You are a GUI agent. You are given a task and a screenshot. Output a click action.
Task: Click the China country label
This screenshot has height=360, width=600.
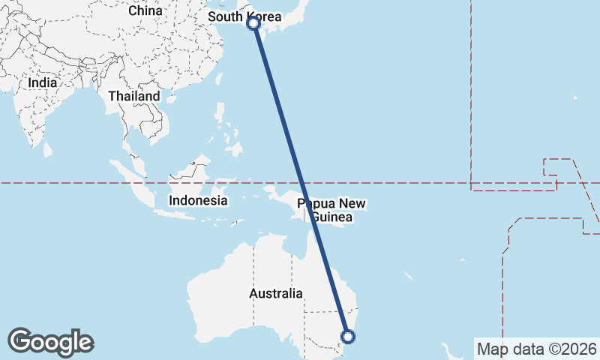145,10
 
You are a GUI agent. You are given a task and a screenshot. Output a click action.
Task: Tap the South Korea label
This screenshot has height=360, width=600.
244,16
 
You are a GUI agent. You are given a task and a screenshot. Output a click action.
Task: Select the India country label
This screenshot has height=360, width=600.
43,83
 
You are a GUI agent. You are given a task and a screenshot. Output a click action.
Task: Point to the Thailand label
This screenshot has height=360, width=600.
134,96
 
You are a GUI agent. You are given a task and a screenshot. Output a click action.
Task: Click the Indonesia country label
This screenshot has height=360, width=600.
198,200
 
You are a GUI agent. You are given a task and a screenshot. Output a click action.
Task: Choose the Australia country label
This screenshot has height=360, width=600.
276,293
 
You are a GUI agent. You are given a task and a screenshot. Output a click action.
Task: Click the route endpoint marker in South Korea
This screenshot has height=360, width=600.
254,23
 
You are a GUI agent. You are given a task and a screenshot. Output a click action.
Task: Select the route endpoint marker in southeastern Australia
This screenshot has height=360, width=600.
347,337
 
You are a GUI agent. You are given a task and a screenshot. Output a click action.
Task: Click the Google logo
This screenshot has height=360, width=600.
50,342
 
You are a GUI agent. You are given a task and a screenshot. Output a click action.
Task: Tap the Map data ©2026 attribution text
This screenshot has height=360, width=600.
536,349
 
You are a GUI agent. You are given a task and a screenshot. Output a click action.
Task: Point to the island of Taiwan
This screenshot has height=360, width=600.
219,80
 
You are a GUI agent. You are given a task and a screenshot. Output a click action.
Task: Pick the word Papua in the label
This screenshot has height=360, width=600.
314,203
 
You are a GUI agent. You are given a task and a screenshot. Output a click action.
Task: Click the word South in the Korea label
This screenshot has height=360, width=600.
225,16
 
